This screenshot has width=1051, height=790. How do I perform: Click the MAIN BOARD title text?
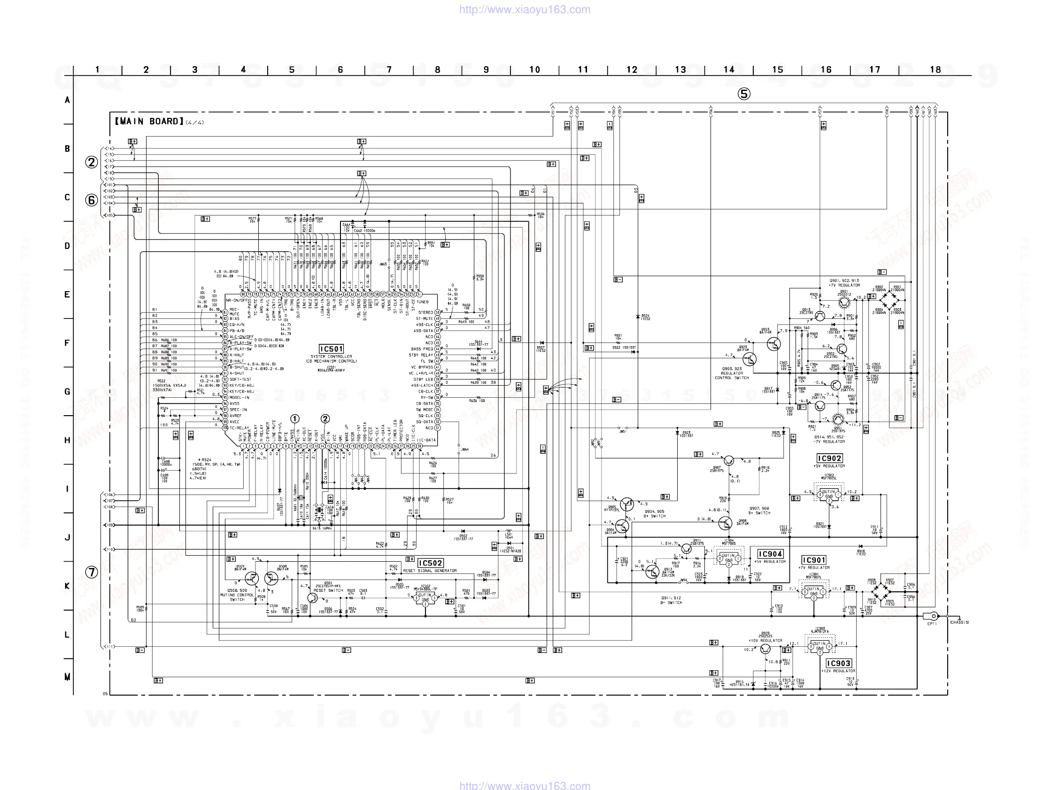click(x=149, y=122)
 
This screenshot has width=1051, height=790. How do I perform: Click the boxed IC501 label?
click(x=331, y=349)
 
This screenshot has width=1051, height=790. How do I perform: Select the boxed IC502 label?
click(x=431, y=563)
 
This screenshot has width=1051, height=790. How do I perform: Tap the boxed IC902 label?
click(x=829, y=458)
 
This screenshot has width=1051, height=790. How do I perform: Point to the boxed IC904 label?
click(x=770, y=554)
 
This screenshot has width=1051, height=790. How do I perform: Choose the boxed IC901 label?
click(x=814, y=560)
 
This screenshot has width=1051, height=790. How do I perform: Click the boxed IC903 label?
click(x=839, y=663)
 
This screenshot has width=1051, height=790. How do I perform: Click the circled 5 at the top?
click(x=744, y=94)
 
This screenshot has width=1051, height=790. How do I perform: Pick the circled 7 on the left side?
click(x=92, y=572)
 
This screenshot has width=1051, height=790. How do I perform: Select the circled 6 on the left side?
click(x=92, y=200)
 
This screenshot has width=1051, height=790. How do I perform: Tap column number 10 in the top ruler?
click(x=534, y=70)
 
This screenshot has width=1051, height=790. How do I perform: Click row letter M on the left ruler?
click(x=67, y=677)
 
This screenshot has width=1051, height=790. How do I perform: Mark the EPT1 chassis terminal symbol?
click(x=933, y=616)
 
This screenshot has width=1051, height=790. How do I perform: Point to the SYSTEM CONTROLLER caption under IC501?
click(x=331, y=356)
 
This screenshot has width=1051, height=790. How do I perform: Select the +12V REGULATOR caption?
click(x=839, y=671)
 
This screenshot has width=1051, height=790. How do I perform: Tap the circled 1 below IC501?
click(x=295, y=419)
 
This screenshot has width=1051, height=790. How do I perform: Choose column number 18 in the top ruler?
click(x=935, y=70)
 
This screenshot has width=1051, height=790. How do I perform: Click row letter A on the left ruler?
click(x=67, y=101)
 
